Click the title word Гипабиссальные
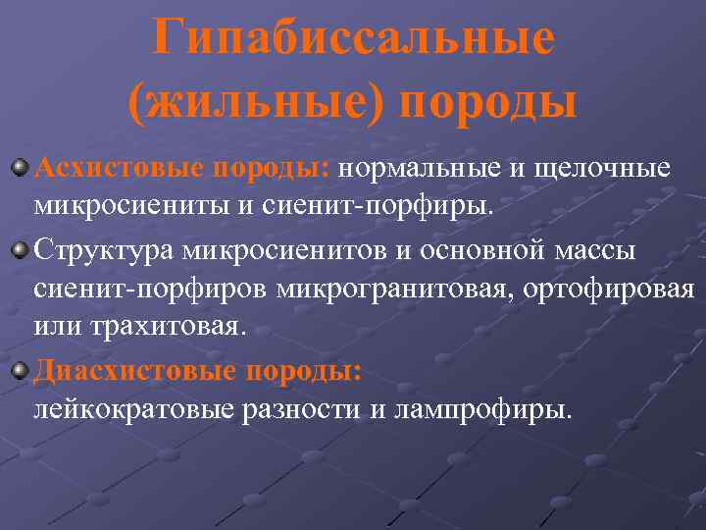pyautogui.click(x=353, y=39)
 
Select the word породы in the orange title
pyautogui.click(x=487, y=103)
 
